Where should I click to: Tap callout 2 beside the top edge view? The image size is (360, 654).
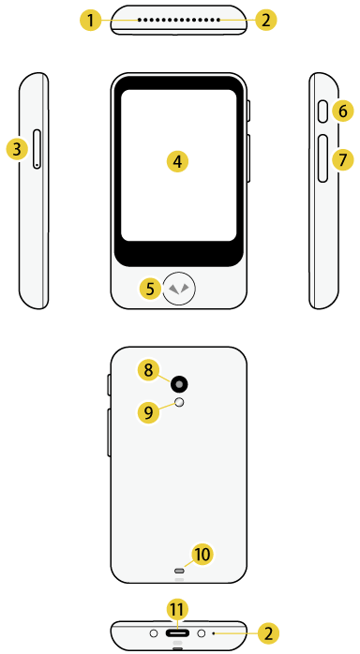tap(267, 19)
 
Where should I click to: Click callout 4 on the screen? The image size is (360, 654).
tap(177, 161)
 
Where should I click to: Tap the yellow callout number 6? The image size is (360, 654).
tap(343, 111)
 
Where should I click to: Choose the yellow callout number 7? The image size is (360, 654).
tap(343, 159)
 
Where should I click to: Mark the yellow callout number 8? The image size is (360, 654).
tap(148, 370)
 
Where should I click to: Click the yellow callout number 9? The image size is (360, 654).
tap(148, 410)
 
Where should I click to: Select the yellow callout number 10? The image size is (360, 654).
tap(202, 554)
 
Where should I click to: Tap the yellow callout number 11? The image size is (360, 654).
tap(177, 610)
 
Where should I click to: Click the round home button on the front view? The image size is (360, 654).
tap(178, 289)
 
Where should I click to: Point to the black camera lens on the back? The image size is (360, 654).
tap(178, 382)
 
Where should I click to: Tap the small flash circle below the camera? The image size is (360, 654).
tap(179, 403)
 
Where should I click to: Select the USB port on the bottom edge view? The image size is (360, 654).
tap(178, 633)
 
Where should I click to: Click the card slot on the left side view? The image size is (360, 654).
tap(37, 150)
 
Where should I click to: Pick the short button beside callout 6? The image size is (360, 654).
tap(323, 111)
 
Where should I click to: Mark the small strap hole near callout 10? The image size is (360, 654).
tap(178, 570)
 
